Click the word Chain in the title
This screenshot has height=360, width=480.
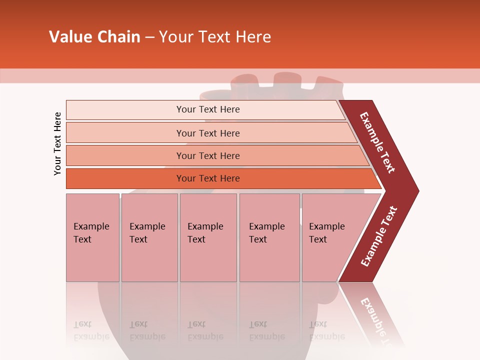point(118,37)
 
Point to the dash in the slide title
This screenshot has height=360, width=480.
point(149,37)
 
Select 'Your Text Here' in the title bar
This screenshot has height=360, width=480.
point(215,37)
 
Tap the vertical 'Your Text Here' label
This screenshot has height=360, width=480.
point(57,144)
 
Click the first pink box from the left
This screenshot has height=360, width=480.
point(92,237)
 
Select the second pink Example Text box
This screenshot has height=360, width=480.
point(149,237)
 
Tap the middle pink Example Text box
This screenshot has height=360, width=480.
point(208,237)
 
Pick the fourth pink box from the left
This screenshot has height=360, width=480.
point(269,237)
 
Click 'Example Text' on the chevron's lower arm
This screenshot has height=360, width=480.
point(379,236)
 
